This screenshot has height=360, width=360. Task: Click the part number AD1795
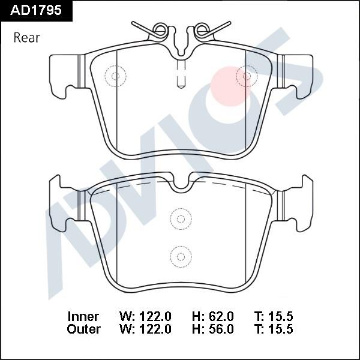tap(37, 11)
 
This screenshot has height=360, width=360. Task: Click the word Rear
tap(26, 38)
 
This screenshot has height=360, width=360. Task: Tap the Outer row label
tap(84, 329)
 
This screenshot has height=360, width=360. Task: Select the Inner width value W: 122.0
tap(146, 316)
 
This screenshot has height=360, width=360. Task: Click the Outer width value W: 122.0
tap(146, 329)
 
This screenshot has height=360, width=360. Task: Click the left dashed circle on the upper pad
tap(116, 75)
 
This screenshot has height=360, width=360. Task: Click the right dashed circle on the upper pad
tap(247, 75)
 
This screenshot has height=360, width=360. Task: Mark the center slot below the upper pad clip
tap(181, 75)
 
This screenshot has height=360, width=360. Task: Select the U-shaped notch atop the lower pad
tap(181, 184)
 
